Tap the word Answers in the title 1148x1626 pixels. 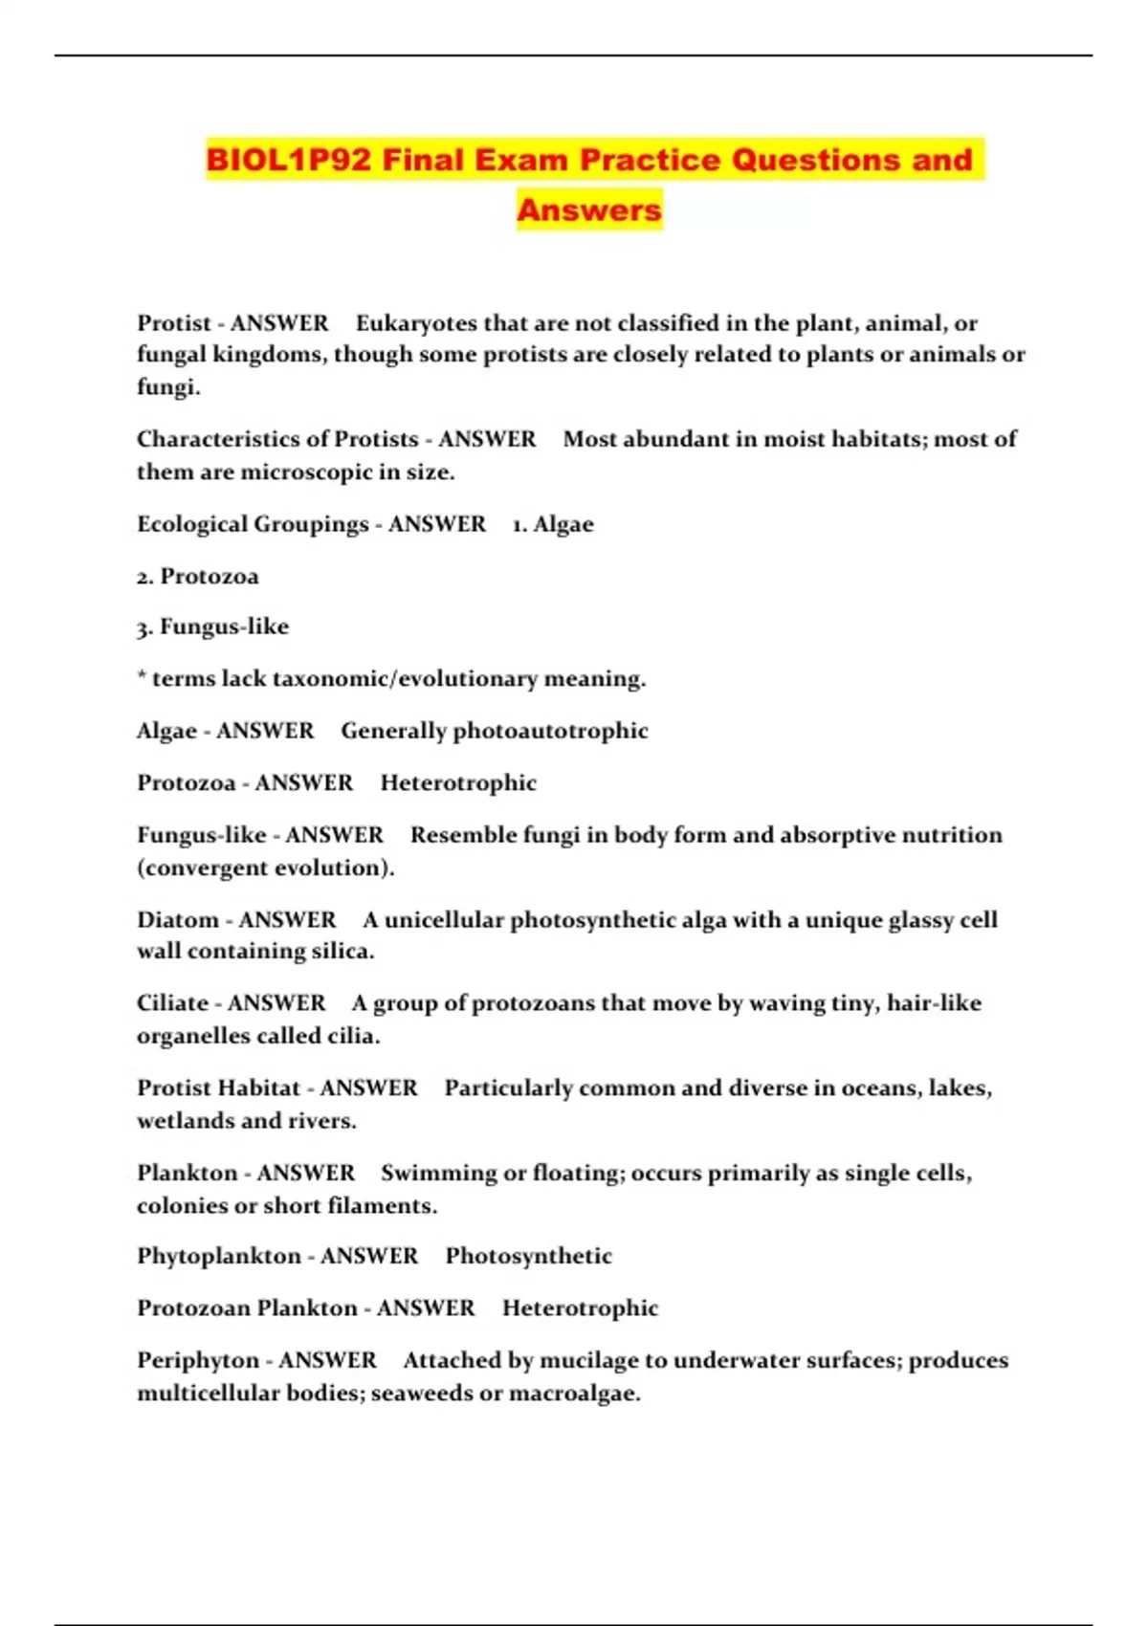(589, 209)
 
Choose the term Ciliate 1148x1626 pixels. (179, 1003)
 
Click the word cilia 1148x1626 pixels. (352, 1036)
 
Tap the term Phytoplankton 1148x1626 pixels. (219, 1256)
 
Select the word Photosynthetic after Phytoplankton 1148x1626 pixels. (528, 1256)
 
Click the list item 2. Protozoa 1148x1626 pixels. (198, 577)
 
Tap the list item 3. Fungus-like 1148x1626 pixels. (212, 627)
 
